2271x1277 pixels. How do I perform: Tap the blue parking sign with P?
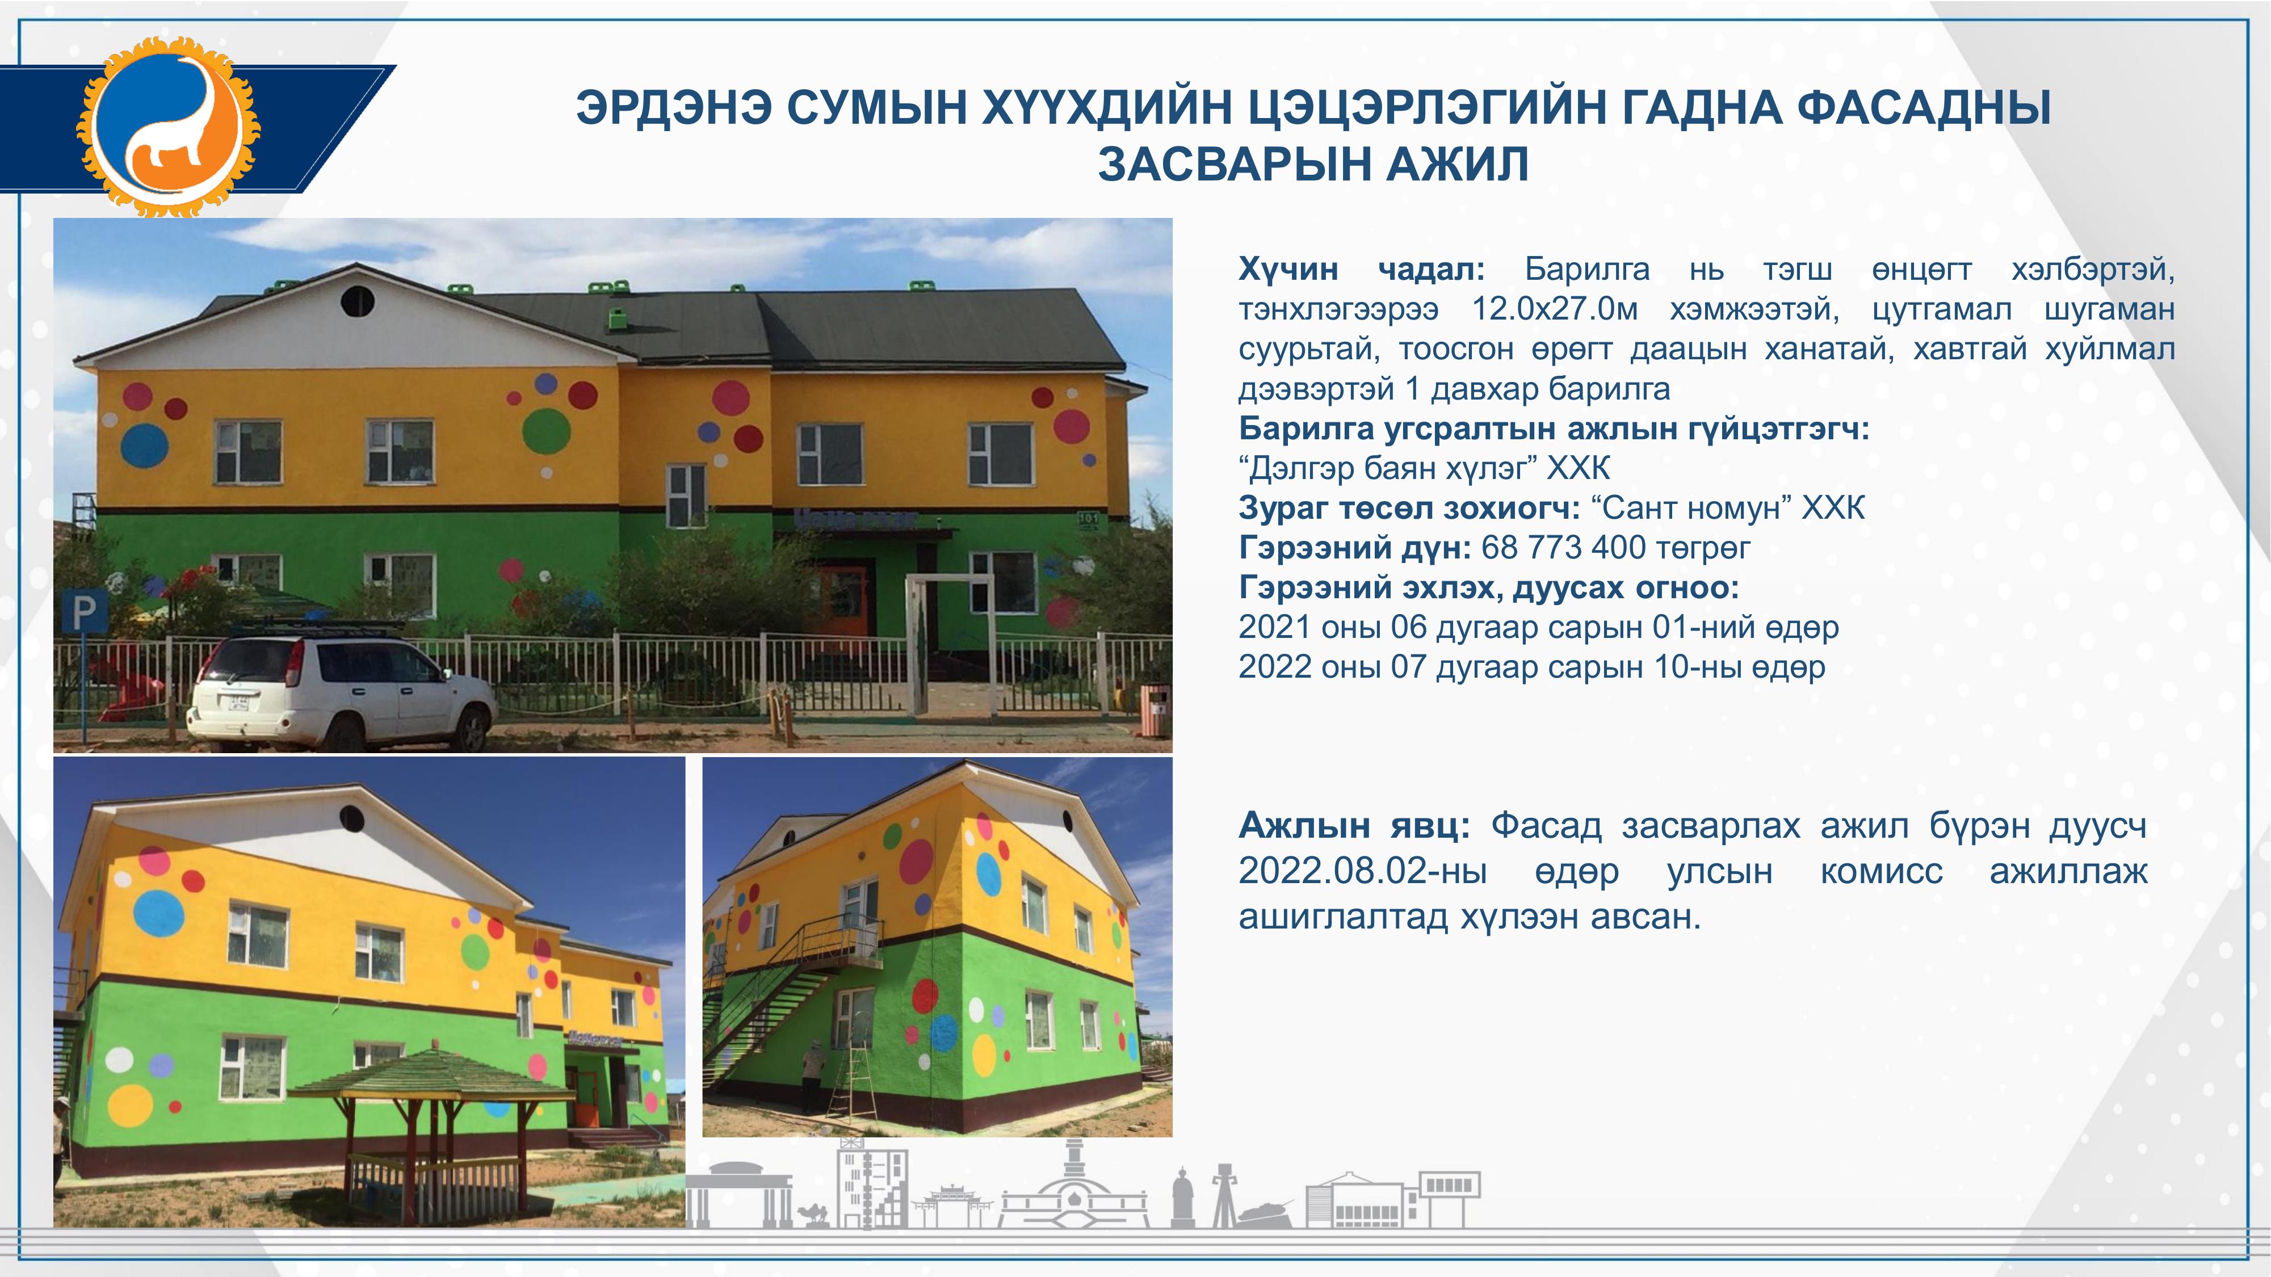point(85,611)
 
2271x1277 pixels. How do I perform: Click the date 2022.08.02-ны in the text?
point(1363,872)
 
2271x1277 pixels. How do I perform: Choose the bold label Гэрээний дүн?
point(1355,548)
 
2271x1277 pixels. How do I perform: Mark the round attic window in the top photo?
point(357,301)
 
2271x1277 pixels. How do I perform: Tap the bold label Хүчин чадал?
point(1362,269)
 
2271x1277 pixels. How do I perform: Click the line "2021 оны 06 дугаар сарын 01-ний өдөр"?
point(1538,628)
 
